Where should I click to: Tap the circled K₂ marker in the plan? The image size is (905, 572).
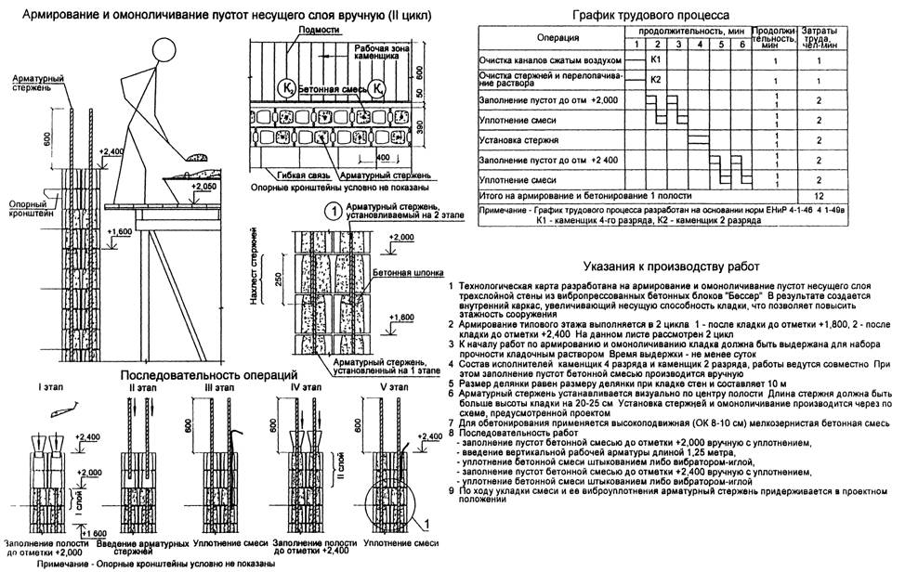tap(288, 89)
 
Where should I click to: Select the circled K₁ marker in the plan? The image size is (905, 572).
tap(378, 89)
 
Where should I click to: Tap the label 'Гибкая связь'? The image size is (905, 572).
tap(290, 174)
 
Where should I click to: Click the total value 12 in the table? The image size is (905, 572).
tap(819, 196)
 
